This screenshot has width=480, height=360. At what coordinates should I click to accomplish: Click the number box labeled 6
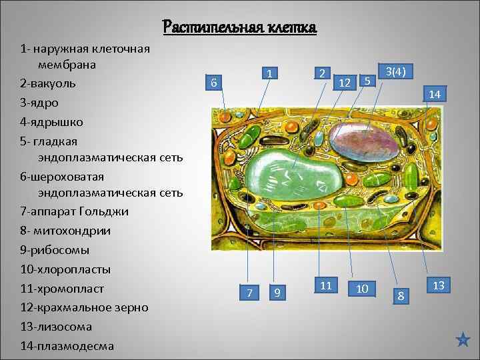coord(213,83)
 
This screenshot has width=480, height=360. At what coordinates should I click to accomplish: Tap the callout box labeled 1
coord(268,73)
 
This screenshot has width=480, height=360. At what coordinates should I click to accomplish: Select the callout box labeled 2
coord(321,73)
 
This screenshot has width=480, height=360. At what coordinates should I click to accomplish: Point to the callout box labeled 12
coord(345,82)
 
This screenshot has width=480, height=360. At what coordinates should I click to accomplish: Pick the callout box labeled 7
coord(249,293)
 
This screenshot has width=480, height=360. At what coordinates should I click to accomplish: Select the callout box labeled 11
coord(326,285)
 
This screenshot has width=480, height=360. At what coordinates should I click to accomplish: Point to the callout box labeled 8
coord(401,294)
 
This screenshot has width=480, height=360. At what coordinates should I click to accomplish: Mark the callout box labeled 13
coord(438,285)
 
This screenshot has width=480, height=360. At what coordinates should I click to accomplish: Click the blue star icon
coord(463,340)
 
